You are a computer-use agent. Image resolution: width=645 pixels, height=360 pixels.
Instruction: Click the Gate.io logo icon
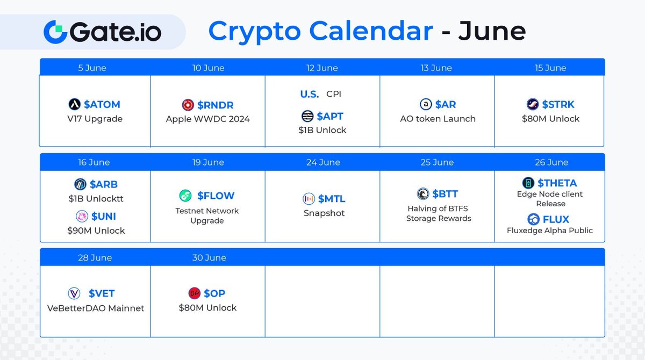55,32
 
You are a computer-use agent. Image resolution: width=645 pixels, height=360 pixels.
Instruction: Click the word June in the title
492,31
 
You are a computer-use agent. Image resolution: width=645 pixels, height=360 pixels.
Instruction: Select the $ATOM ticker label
102,104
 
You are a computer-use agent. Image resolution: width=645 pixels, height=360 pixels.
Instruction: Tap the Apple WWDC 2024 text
207,119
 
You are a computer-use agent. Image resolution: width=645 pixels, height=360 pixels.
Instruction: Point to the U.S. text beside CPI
310,94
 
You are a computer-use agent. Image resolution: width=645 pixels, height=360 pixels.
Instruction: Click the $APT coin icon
307,116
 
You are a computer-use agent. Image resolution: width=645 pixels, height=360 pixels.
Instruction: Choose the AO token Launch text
438,119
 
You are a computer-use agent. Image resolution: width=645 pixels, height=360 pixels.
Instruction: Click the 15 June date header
550,68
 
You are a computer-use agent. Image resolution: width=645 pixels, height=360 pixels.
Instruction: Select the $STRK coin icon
533,104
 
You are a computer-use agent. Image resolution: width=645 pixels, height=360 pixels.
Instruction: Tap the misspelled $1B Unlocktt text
96,198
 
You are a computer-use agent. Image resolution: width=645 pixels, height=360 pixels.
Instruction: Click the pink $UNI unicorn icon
82,216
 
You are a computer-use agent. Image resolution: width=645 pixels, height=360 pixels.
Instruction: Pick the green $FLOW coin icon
185,196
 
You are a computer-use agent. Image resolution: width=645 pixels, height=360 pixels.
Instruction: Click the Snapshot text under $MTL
324,213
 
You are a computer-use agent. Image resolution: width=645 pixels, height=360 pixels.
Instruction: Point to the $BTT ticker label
445,194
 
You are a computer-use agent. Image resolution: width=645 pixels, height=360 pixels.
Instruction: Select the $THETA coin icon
528,183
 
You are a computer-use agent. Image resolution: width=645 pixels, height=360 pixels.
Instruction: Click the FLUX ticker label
556,219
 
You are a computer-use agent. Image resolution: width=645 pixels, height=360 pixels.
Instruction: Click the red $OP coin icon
194,293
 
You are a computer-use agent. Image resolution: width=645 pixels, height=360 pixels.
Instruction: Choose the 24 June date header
323,162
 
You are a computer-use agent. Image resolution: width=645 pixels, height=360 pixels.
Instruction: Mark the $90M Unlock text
96,231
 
